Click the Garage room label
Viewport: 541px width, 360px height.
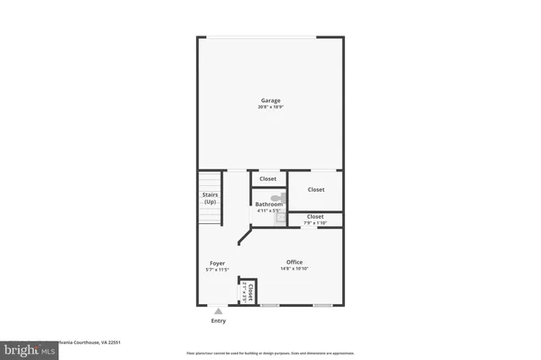coord(270,101)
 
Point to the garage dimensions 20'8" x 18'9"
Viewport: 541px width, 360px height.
coord(270,107)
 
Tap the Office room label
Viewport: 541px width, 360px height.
coord(294,262)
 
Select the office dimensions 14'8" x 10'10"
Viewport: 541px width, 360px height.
coord(294,269)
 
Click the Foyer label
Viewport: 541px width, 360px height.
coord(217,263)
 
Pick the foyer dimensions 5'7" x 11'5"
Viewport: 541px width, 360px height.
coord(217,270)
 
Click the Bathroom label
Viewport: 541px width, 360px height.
coord(269,205)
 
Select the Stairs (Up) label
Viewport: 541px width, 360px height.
coord(210,199)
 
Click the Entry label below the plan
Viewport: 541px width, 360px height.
coord(218,321)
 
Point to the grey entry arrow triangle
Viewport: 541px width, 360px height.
coord(218,311)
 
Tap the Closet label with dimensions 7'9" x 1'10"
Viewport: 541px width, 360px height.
coord(315,216)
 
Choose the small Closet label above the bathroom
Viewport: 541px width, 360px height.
coord(268,179)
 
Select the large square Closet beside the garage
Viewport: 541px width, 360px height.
coord(316,189)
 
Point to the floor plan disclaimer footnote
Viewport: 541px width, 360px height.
coord(270,353)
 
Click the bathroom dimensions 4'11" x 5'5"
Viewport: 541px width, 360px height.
coord(269,210)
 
